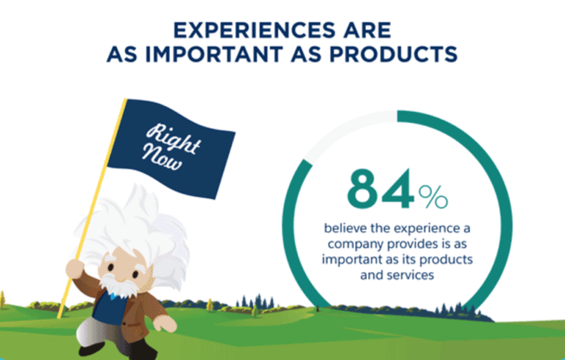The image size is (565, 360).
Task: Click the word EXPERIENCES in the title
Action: point(255,30)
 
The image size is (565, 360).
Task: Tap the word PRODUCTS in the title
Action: point(393,54)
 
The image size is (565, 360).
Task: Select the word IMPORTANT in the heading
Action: point(214,54)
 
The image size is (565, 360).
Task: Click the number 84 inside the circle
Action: point(380,188)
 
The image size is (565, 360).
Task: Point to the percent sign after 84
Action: point(433,197)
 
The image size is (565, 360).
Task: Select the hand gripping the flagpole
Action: point(75,269)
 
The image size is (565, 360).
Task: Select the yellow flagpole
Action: point(91,208)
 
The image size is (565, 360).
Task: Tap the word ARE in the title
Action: point(367,30)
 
